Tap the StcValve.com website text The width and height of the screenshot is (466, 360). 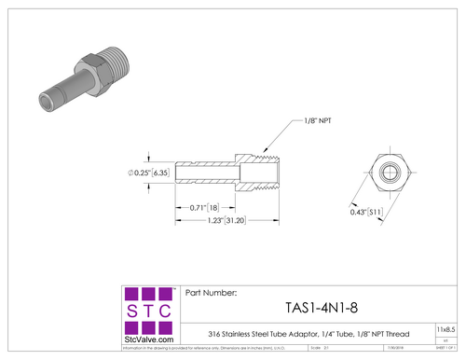(148, 339)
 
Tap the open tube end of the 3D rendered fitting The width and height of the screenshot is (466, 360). (48, 100)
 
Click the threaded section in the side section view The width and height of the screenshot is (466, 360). (265, 173)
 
